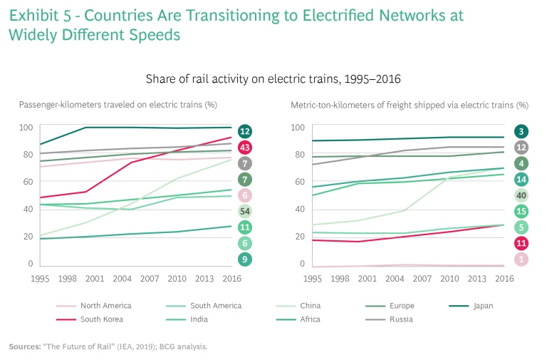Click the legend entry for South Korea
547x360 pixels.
[x=101, y=319]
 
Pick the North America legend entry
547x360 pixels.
[x=106, y=306]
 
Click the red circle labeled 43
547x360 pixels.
[x=245, y=148]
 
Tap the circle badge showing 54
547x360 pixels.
[x=245, y=212]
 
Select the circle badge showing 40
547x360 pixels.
[x=521, y=196]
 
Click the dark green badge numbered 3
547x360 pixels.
[x=521, y=132]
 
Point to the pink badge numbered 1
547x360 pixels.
[x=521, y=260]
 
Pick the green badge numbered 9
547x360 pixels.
[x=245, y=260]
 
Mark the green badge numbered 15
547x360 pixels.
[x=521, y=212]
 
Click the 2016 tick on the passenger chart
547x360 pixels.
[x=231, y=277]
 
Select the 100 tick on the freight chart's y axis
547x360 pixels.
[x=298, y=128]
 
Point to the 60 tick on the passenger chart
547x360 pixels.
[x=26, y=182]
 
